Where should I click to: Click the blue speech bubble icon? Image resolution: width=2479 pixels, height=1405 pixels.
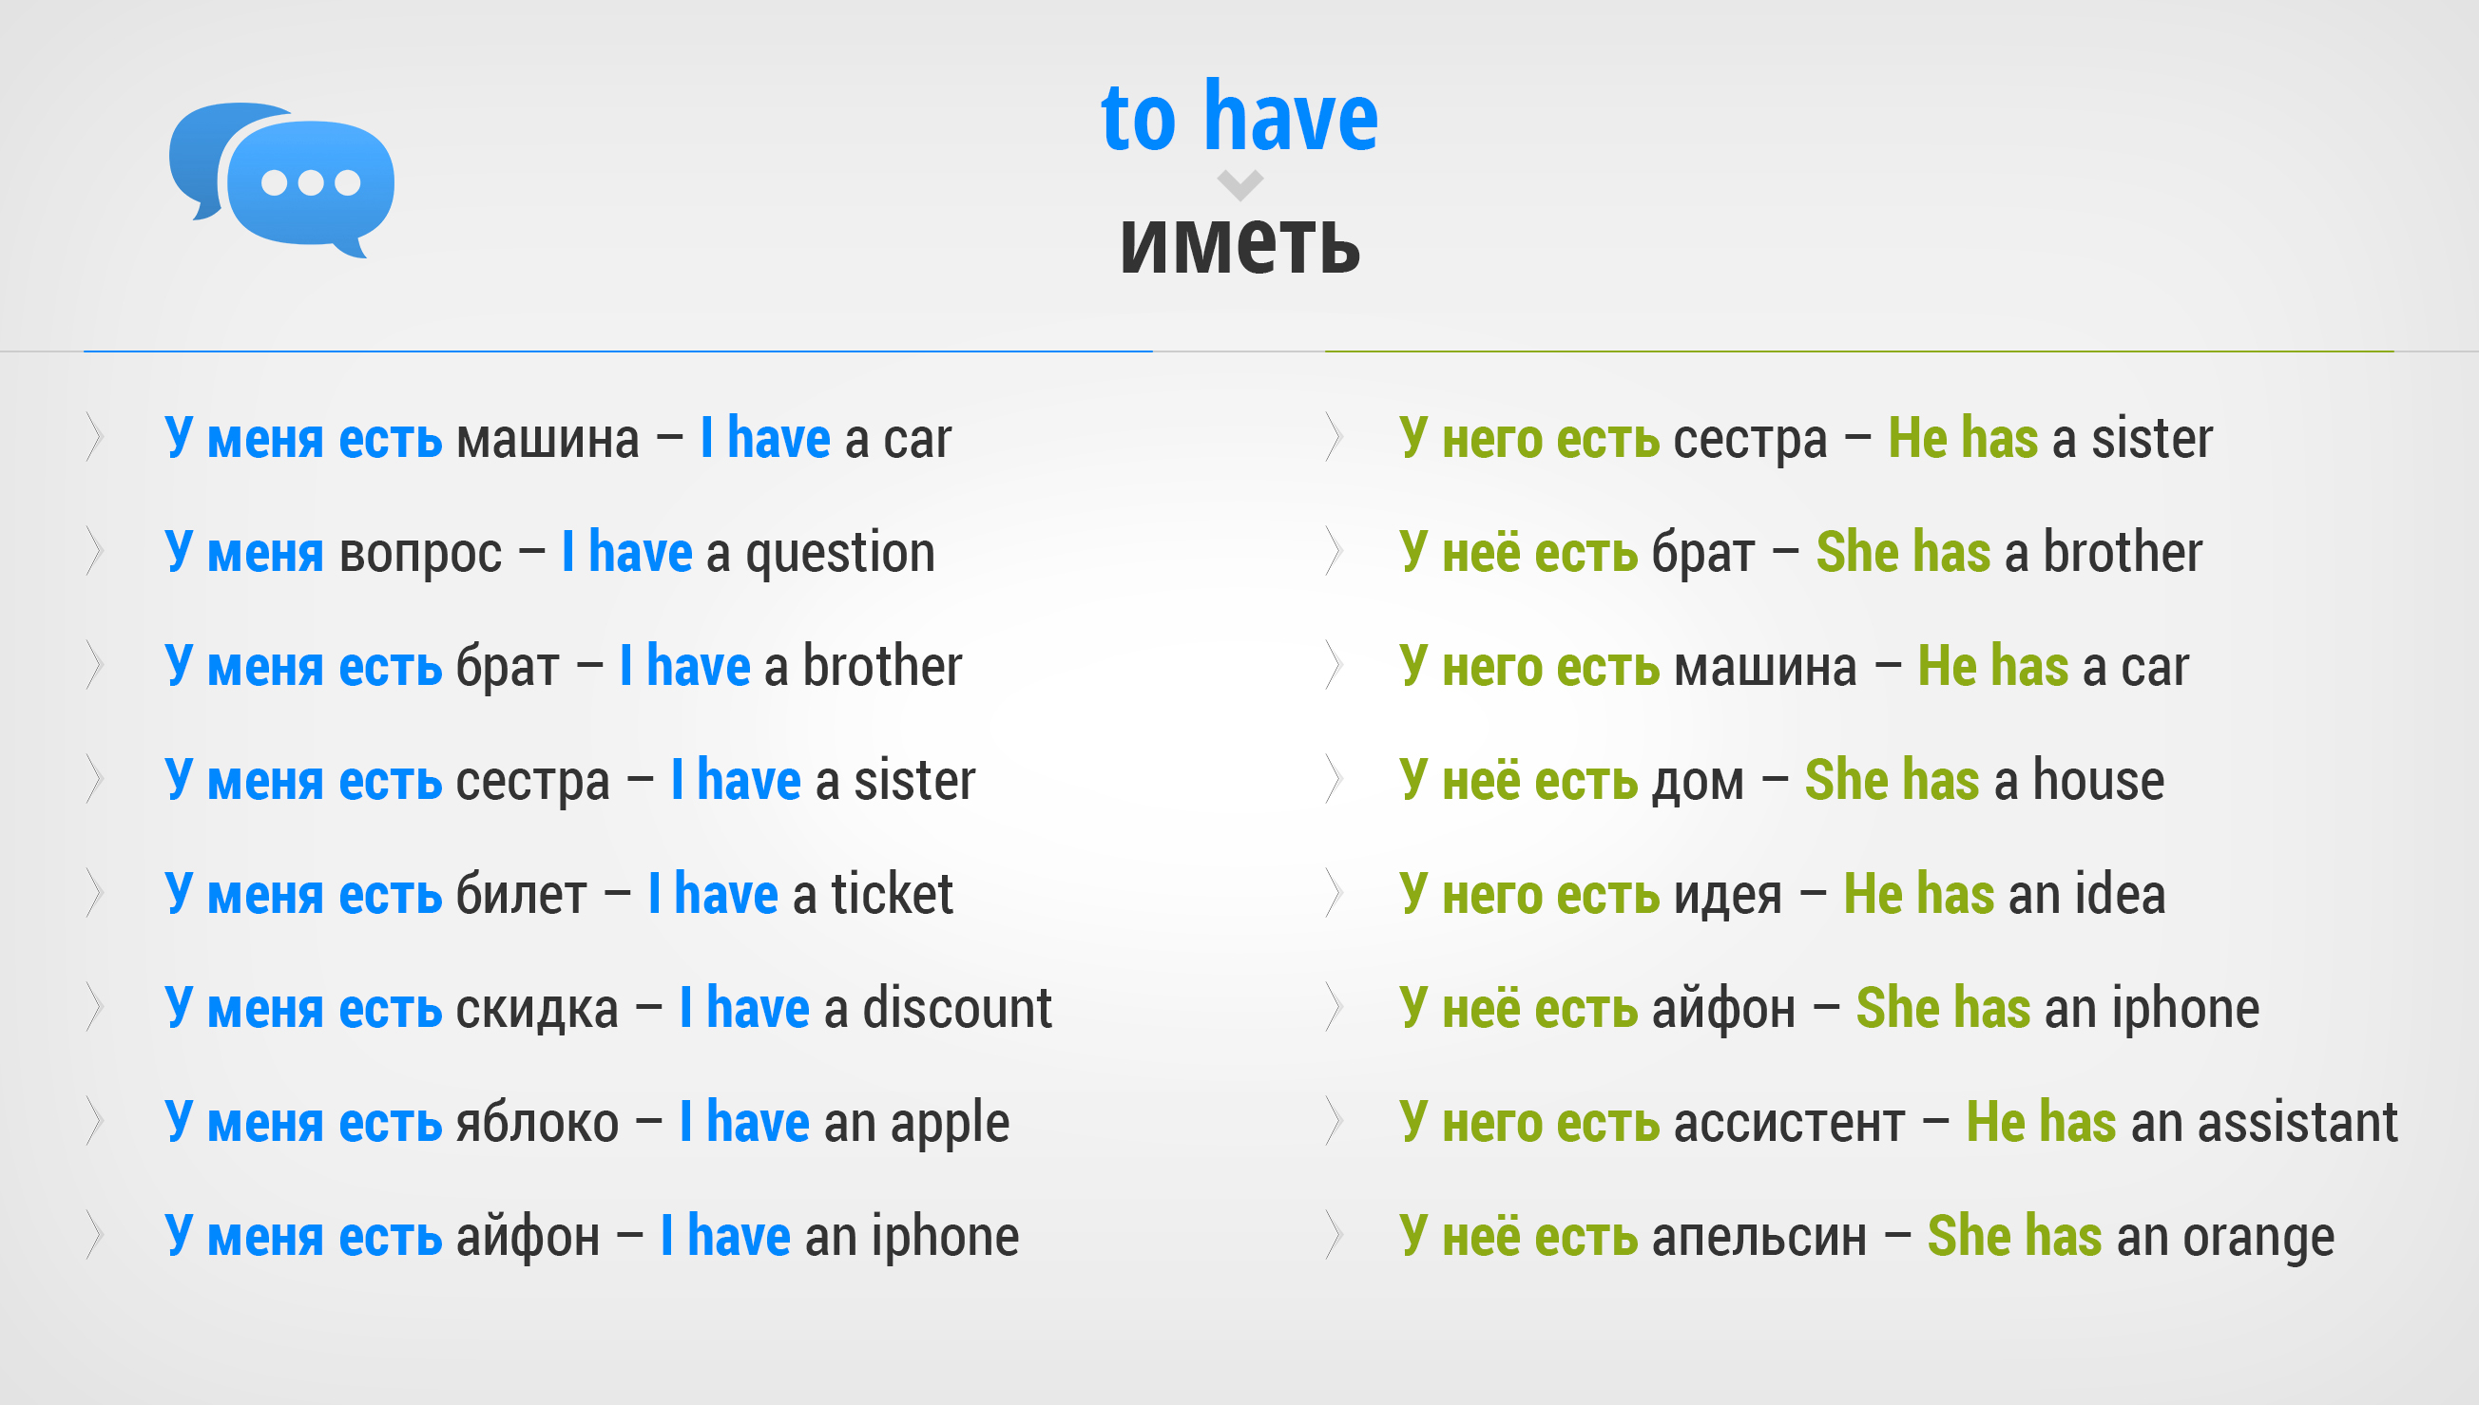282,180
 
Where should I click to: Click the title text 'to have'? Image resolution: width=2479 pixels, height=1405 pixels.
1239,117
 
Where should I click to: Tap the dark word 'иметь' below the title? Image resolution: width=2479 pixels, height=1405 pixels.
1240,243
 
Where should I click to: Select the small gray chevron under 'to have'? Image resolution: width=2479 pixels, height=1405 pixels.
1240,184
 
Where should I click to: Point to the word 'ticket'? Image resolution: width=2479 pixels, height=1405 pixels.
892,894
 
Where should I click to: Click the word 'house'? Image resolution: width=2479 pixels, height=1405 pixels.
2099,780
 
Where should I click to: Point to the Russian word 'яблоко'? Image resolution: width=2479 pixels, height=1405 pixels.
537,1122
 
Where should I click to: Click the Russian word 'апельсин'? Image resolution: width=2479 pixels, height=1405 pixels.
1758,1238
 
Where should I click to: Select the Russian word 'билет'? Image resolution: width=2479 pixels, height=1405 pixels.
521,894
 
